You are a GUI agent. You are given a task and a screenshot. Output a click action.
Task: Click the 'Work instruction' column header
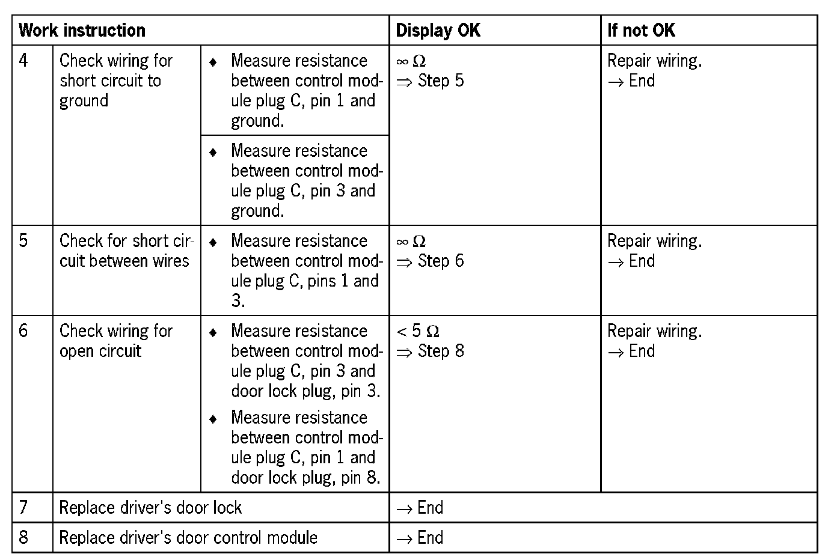click(82, 31)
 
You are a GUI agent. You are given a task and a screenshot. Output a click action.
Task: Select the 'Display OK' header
click(438, 31)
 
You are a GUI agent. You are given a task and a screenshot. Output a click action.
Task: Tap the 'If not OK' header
click(642, 31)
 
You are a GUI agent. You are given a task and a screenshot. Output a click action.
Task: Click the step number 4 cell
click(23, 61)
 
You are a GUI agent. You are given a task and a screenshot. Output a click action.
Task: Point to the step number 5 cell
click(23, 241)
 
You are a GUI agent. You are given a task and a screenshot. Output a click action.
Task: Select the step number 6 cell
click(23, 331)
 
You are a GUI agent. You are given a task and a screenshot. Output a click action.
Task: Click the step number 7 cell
click(23, 508)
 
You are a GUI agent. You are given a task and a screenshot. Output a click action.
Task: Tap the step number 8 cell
click(23, 537)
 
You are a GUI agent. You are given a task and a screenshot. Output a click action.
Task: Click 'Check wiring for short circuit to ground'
click(115, 81)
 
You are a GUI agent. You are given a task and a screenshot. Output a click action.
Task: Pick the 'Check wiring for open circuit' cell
click(116, 341)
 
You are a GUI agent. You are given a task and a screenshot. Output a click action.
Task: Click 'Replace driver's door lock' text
click(150, 508)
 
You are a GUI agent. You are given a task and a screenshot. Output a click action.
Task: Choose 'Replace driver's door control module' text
click(188, 537)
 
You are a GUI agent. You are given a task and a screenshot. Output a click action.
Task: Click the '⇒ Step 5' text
click(431, 81)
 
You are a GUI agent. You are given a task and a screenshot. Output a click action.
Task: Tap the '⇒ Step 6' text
click(431, 261)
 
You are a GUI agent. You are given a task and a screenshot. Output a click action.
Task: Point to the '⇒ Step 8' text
click(431, 352)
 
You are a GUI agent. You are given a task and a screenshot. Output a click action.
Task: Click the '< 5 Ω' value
click(418, 331)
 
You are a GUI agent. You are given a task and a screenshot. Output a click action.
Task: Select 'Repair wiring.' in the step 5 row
click(655, 241)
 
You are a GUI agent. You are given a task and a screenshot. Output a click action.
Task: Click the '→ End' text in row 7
click(420, 508)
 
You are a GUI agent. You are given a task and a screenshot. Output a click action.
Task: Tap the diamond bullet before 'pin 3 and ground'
click(213, 152)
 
